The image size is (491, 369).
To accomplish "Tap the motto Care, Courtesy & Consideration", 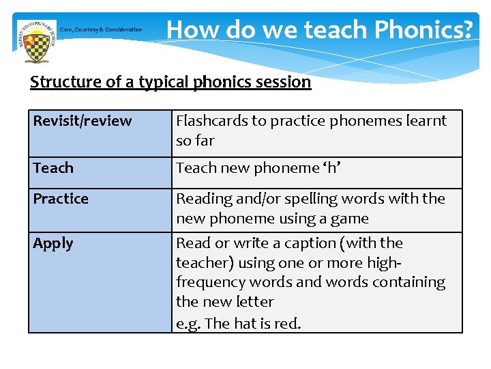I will tap(101, 29).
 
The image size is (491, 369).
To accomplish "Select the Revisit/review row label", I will tap(83, 121).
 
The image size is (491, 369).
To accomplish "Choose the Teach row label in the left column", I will tap(53, 168).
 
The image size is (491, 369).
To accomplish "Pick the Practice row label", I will tap(61, 199).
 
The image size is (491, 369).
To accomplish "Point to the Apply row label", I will tap(53, 243).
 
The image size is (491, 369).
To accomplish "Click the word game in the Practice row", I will tap(351, 219).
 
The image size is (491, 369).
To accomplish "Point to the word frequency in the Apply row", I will tap(209, 282).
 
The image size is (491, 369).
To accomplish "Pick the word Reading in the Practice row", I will tap(203, 199).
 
